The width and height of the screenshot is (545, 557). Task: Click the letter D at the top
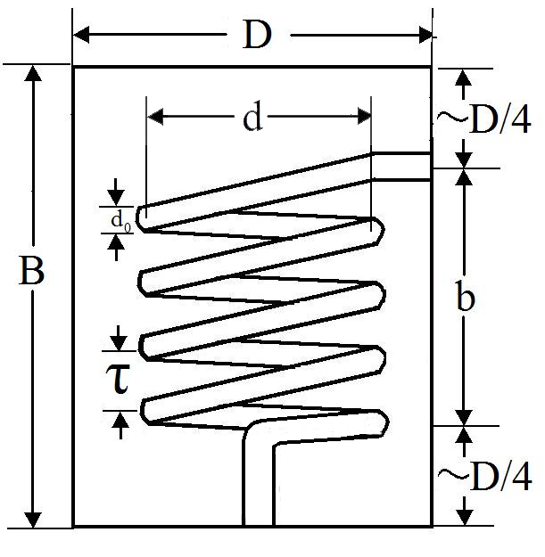point(256,36)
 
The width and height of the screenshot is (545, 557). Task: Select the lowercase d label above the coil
point(252,118)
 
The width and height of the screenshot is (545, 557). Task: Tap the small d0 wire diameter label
point(120,220)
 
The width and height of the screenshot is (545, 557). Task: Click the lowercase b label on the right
point(465,299)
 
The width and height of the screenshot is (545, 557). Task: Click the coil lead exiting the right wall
point(403,166)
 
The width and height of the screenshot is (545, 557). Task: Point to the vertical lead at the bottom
point(258,490)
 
